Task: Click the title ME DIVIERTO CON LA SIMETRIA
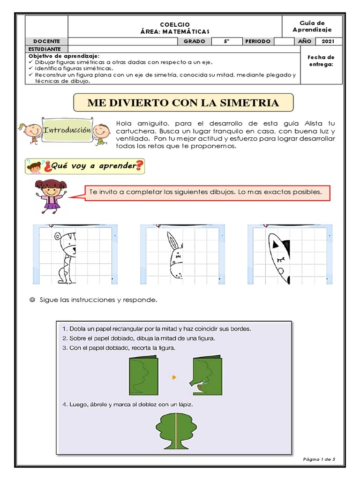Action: [183, 103]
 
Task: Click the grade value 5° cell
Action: [226, 41]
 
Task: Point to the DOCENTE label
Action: [46, 41]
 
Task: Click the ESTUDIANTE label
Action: [45, 49]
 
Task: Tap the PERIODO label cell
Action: [258, 41]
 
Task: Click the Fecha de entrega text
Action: [321, 60]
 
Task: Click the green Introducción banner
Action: [66, 130]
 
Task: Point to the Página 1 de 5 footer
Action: [319, 460]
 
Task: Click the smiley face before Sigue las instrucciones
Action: [32, 299]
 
